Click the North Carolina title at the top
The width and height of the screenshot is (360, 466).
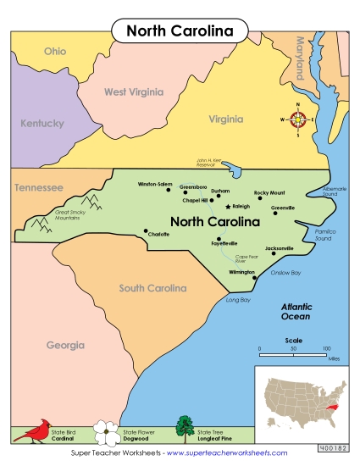coord(180,31)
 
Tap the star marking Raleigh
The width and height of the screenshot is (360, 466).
coord(228,206)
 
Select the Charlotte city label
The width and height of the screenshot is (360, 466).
coord(158,235)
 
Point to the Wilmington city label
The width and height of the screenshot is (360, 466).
coord(241,273)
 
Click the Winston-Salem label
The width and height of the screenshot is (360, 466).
coord(155,184)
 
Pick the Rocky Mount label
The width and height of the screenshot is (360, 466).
coord(270,192)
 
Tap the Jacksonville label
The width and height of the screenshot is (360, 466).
coord(280,248)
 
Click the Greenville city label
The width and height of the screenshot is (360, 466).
coord(283,207)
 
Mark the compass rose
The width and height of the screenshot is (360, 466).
coord(298,119)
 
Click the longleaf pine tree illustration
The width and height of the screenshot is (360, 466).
coord(184,429)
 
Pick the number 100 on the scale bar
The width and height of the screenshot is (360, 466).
coord(327,348)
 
